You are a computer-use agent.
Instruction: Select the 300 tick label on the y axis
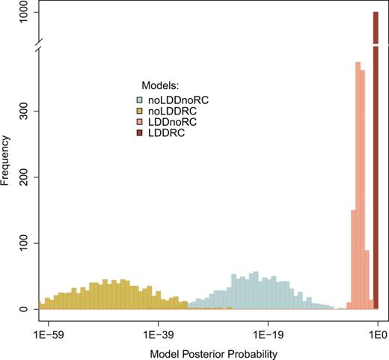(23, 112)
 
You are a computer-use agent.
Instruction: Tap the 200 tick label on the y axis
(23, 177)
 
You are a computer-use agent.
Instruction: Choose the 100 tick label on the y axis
(23, 243)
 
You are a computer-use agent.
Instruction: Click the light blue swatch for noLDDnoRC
(139, 99)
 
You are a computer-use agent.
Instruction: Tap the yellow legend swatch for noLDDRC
(139, 110)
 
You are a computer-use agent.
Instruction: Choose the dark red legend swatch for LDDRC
(139, 132)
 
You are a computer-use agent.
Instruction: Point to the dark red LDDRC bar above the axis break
(376, 22)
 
